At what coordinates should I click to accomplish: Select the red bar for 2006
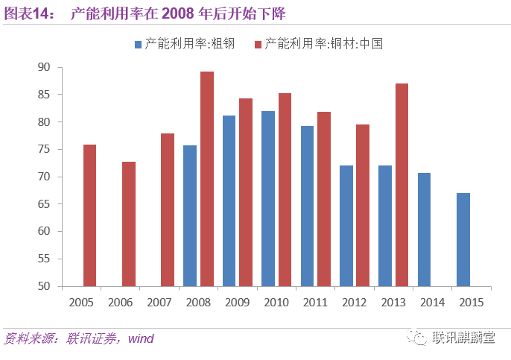click(129, 224)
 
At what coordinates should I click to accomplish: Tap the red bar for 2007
click(168, 209)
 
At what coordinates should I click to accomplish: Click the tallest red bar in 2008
click(207, 179)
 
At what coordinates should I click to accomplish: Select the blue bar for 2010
click(268, 198)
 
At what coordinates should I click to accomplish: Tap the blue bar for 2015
click(463, 239)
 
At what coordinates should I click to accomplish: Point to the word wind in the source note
click(141, 339)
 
